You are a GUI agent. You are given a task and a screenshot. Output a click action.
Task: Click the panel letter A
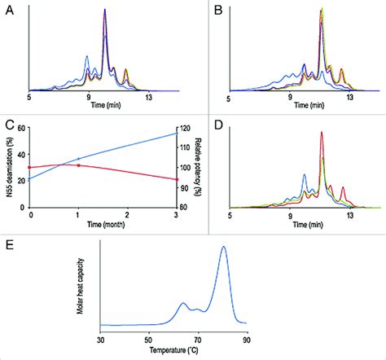point(10,10)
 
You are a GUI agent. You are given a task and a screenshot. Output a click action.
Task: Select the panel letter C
point(10,125)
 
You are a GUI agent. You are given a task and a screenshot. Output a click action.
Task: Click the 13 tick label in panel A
point(149,97)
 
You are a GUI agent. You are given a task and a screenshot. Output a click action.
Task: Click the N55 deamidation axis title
point(8,167)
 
